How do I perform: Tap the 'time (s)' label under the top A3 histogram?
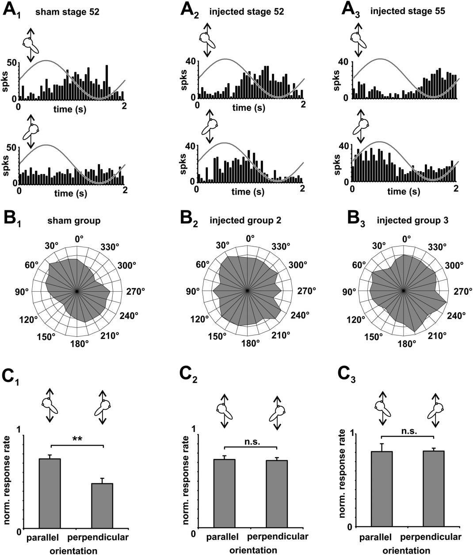click(404, 108)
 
